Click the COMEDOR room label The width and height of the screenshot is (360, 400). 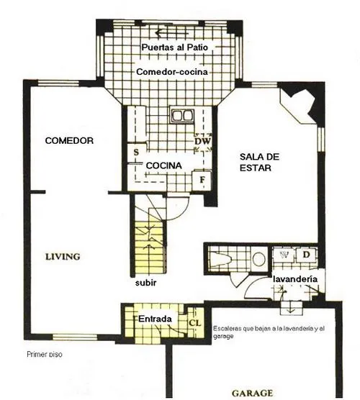point(69,140)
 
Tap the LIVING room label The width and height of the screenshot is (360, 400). point(63,257)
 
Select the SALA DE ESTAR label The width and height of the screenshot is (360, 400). point(259,163)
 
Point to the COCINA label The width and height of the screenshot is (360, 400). point(164,165)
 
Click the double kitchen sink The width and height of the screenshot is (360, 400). point(182,116)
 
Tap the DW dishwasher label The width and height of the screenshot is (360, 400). point(203,141)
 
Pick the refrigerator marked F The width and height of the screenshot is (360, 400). point(202,180)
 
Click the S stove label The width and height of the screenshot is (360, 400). point(136,153)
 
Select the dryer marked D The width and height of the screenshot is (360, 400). point(306,255)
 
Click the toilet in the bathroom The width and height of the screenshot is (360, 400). point(221,258)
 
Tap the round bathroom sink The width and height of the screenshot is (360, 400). point(259,259)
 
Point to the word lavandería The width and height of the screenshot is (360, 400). point(295,279)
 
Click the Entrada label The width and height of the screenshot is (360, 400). point(155,319)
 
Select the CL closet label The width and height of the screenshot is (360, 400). point(195,323)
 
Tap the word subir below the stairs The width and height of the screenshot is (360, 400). point(145,283)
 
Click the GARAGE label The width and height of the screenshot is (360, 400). point(252,393)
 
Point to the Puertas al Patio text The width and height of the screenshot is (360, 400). point(175,47)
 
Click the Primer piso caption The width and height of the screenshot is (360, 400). point(45,355)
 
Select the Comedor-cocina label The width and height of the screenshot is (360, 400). point(172,72)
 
